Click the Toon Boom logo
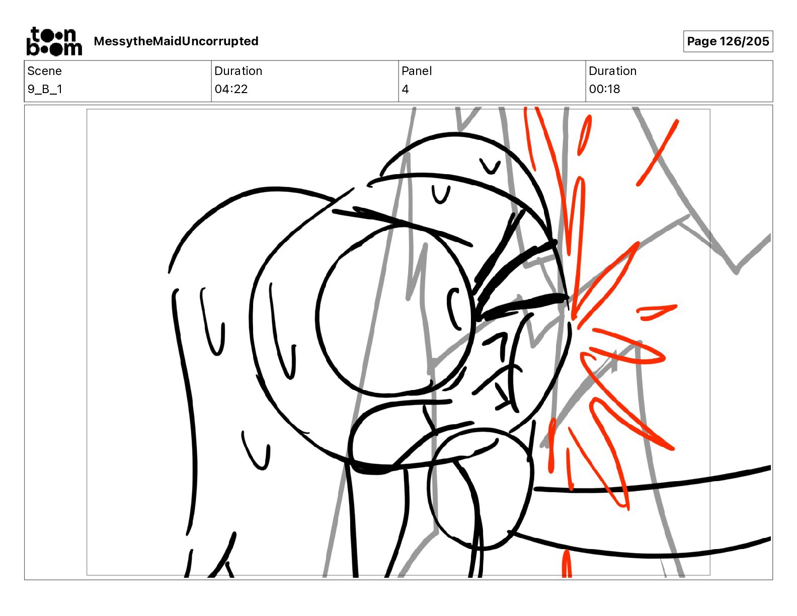pyautogui.click(x=54, y=41)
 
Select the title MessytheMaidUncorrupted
pyautogui.click(x=176, y=41)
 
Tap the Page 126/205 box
pyautogui.click(x=728, y=41)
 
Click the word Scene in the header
pyautogui.click(x=44, y=71)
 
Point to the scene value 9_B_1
pyautogui.click(x=45, y=89)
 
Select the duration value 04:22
pyautogui.click(x=231, y=89)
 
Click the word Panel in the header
pyautogui.click(x=417, y=71)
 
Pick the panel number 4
pyautogui.click(x=405, y=89)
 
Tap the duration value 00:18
pyautogui.click(x=604, y=89)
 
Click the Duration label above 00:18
pyautogui.click(x=612, y=71)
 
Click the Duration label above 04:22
pyautogui.click(x=238, y=71)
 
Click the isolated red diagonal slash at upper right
pyautogui.click(x=657, y=152)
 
